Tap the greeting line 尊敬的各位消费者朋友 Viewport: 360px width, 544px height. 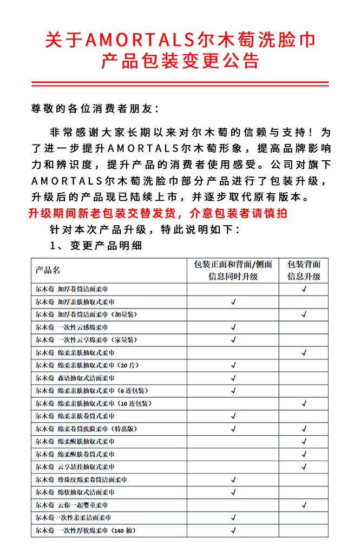coord(95,109)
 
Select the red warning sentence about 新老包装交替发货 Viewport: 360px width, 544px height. coord(158,213)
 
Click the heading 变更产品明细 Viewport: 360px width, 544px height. coord(106,245)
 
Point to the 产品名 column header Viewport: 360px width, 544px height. coord(48,270)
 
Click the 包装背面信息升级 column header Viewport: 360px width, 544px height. coord(304,270)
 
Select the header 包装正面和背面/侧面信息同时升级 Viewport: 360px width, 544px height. coord(233,270)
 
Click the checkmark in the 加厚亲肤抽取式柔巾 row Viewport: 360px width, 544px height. coord(233,302)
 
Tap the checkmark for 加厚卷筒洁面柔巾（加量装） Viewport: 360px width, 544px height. coord(304,314)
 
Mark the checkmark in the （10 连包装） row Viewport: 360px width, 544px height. coord(304,403)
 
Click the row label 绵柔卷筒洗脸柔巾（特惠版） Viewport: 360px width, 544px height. coord(87,429)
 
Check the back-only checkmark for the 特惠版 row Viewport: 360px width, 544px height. coord(304,429)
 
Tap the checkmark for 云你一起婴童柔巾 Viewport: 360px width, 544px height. coord(304,505)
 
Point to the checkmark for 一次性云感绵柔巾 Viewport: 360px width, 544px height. coord(233,327)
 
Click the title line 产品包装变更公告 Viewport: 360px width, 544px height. coord(180,61)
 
